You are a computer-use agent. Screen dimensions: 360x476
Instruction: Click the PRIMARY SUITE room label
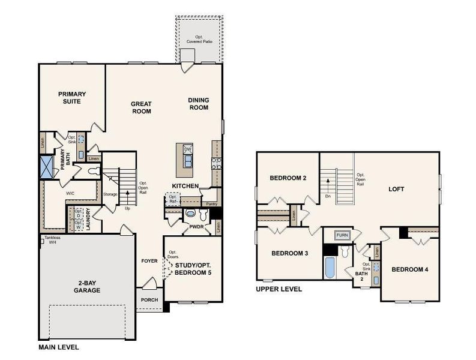72,97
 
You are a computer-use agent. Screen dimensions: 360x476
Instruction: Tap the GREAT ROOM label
141,107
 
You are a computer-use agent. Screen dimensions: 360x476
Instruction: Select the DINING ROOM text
198,104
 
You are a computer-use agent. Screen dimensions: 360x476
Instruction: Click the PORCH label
149,300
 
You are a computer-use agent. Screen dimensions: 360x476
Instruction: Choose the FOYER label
149,261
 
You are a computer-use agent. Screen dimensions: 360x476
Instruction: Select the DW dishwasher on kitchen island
187,149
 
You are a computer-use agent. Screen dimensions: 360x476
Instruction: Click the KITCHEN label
185,186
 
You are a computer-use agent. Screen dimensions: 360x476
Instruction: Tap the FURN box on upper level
342,235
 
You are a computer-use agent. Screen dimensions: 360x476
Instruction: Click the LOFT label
396,189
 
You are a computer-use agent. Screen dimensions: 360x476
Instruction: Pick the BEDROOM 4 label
410,269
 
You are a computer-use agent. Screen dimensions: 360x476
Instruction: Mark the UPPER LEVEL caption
279,289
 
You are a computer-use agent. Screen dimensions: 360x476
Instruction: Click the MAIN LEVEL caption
58,347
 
